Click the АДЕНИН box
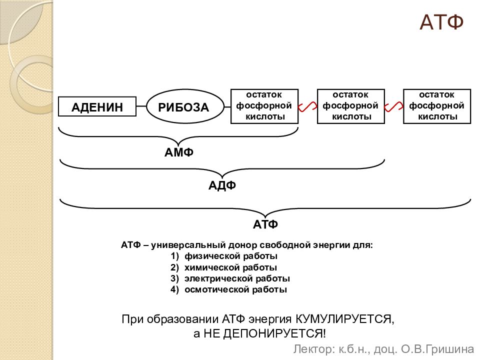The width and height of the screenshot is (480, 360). (x=97, y=106)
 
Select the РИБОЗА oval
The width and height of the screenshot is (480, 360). (x=185, y=106)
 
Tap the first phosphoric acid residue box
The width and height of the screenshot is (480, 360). (x=264, y=106)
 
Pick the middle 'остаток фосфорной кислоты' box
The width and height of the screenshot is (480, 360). (x=351, y=106)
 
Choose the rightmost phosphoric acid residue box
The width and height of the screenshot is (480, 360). (x=437, y=106)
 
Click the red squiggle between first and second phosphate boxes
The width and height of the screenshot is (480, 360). (x=307, y=106)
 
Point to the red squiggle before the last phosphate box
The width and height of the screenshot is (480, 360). (x=394, y=106)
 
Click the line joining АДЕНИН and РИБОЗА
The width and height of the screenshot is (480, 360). (x=141, y=106)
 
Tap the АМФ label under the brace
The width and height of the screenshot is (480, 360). (x=179, y=152)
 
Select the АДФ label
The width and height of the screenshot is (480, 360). (x=222, y=185)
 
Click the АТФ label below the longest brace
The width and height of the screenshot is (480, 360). (x=265, y=224)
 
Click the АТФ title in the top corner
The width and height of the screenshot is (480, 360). (x=441, y=22)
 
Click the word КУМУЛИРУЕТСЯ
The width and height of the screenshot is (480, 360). (x=345, y=319)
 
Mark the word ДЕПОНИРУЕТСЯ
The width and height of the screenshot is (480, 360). (x=274, y=333)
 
